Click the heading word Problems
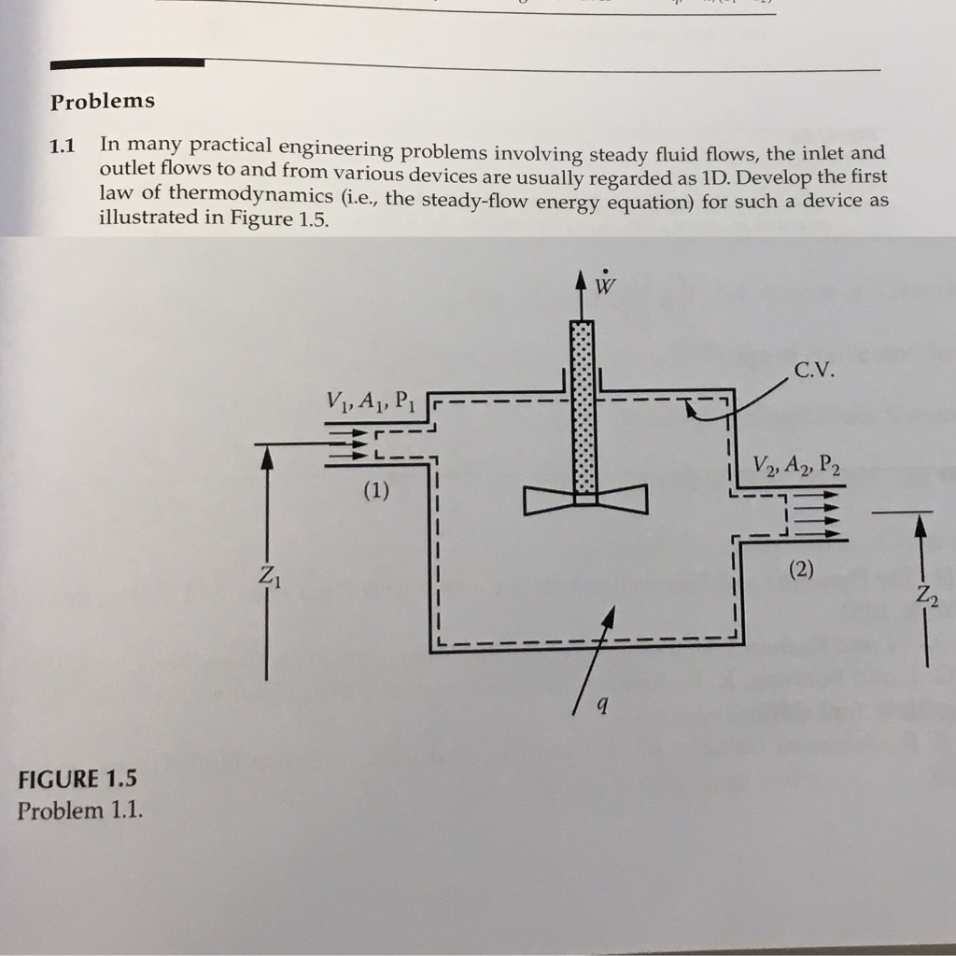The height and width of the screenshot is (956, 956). (103, 100)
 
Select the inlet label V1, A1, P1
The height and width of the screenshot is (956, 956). (369, 402)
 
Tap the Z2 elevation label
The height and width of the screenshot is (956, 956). (924, 594)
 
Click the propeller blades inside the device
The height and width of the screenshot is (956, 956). (584, 500)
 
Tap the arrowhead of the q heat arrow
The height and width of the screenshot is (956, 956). (611, 615)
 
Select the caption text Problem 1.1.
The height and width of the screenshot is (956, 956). (80, 809)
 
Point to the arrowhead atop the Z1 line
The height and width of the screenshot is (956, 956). (267, 455)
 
